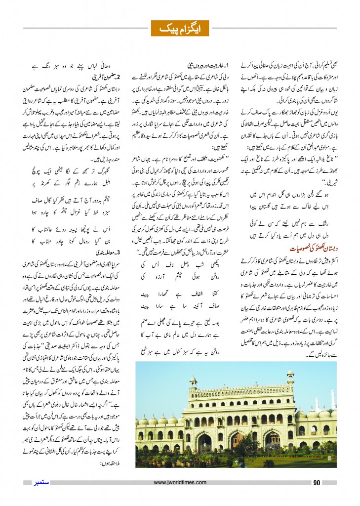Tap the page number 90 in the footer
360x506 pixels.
(x=318, y=482)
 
